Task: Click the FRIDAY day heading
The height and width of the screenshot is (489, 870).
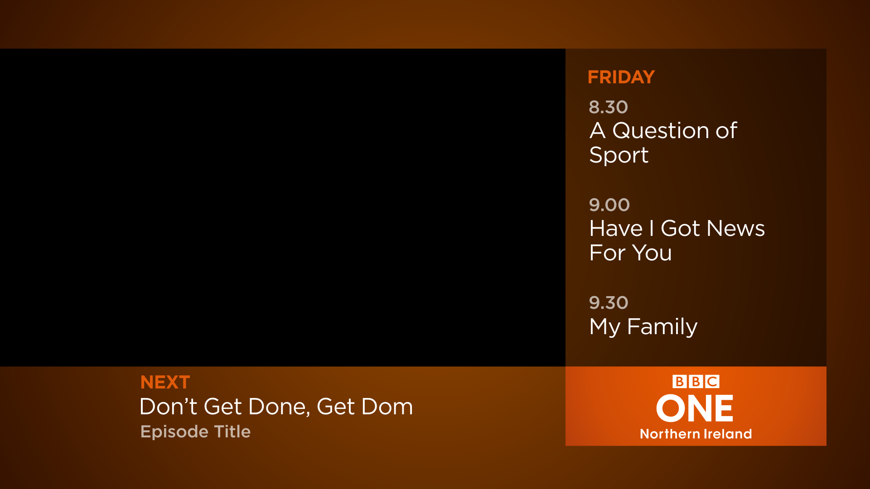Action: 621,77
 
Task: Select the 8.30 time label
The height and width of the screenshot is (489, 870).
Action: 608,107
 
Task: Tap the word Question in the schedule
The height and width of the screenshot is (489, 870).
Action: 661,131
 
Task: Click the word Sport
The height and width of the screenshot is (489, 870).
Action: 619,155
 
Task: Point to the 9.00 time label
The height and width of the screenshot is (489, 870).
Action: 609,205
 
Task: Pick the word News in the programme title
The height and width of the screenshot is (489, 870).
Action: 735,228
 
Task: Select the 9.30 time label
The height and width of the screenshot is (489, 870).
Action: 609,303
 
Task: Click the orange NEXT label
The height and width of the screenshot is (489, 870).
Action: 165,383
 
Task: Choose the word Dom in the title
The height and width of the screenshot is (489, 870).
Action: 387,407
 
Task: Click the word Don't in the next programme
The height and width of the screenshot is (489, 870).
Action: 168,407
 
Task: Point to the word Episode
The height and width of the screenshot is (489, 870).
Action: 174,432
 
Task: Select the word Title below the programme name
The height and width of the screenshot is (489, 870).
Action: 232,431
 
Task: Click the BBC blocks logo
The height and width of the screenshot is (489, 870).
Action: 696,382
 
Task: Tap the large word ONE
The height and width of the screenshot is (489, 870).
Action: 695,408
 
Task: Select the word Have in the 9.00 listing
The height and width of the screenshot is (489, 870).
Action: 616,228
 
